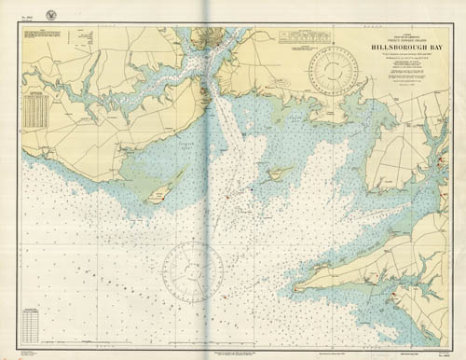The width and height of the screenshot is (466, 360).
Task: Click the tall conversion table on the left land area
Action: [x=35, y=110]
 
